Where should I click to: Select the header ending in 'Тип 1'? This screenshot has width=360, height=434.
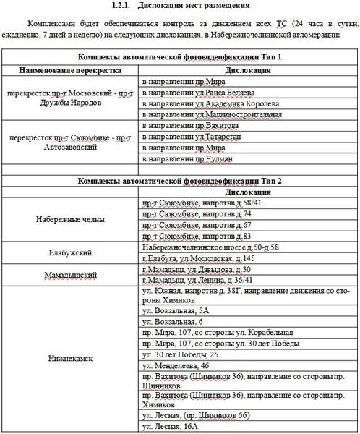(x=180, y=57)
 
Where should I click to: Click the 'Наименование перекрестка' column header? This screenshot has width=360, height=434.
(x=70, y=70)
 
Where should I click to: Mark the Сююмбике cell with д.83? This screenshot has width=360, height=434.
(x=196, y=236)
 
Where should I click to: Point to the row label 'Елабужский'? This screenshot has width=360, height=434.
(x=70, y=252)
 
